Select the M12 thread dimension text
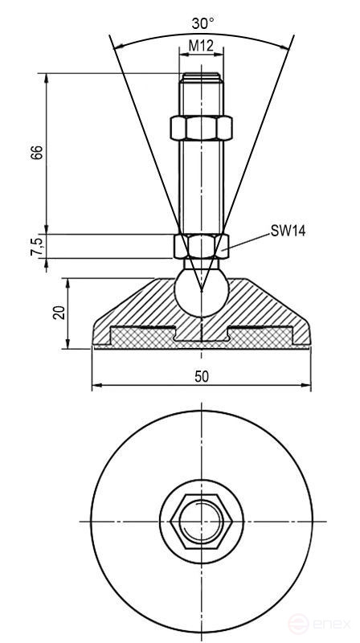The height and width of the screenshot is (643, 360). point(200,47)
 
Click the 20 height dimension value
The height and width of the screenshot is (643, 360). point(58,313)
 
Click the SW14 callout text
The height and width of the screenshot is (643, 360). point(288,231)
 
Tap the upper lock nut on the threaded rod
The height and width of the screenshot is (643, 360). point(200,129)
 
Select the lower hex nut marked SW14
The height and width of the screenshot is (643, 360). point(200,245)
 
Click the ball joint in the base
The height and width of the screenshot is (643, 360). point(200,293)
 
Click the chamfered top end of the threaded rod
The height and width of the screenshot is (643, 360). point(200,78)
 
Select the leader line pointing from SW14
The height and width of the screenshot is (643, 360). point(249,240)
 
